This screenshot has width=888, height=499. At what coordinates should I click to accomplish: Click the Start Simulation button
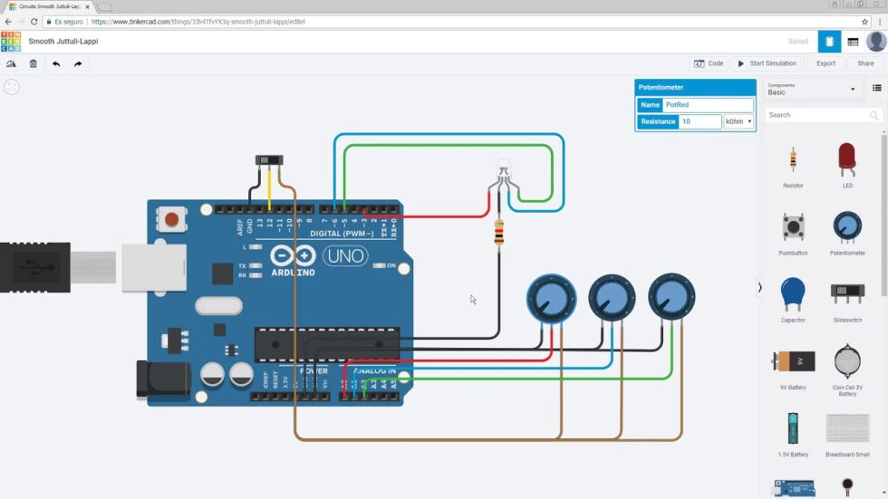coord(767,63)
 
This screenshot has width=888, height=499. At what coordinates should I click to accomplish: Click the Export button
coord(825,63)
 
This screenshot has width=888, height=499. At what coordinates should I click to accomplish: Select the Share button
coord(865,63)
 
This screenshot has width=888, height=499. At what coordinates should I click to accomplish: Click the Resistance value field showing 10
coord(700,121)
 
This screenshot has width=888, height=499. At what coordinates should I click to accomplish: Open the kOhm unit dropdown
coord(738,121)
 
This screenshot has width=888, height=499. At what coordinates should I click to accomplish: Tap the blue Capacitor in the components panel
coord(793,294)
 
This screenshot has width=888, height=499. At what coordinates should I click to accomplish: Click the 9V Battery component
coord(793,361)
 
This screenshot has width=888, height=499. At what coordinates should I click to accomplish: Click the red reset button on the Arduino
coord(170,218)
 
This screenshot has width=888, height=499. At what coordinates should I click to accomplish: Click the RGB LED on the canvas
coord(504,172)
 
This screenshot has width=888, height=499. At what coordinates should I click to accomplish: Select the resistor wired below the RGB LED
coord(498,235)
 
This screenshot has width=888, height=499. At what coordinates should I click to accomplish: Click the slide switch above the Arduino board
coord(269,160)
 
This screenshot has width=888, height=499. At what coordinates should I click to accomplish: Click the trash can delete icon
coord(34,63)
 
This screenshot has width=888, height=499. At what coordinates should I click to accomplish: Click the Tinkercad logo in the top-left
coord(11,42)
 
